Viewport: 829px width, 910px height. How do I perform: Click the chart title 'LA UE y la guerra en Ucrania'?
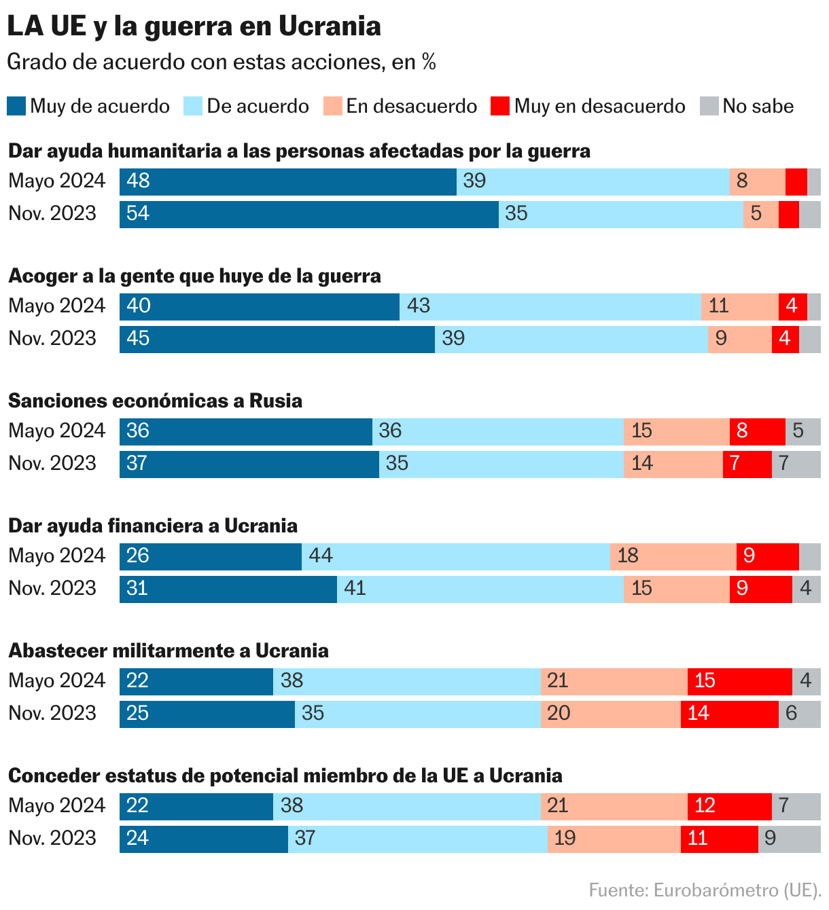(194, 26)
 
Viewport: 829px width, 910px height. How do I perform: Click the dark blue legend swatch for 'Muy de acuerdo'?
(16, 106)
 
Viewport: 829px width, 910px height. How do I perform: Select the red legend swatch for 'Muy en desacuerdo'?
(500, 106)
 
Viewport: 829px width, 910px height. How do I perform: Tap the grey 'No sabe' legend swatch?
(709, 106)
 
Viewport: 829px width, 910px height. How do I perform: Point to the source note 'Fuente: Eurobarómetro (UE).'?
(705, 890)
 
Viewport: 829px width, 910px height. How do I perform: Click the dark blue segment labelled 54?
(309, 215)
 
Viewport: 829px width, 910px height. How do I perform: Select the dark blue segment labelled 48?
(288, 182)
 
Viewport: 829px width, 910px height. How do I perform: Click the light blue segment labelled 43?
(550, 307)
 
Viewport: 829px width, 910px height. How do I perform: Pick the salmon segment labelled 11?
(740, 307)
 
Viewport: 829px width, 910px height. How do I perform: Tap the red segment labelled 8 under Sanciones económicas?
(758, 432)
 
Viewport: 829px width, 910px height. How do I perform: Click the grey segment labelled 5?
(803, 432)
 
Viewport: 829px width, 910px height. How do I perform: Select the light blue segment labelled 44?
(456, 557)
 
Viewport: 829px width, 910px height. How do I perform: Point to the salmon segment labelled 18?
(674, 557)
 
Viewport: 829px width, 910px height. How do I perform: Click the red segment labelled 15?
(740, 682)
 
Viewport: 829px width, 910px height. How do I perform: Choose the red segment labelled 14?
(730, 714)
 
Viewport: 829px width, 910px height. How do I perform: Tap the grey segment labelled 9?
(790, 839)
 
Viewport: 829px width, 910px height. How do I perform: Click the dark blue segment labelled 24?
(204, 839)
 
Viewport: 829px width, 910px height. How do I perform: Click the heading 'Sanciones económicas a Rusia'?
(155, 401)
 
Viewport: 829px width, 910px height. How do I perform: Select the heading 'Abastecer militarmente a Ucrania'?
(169, 651)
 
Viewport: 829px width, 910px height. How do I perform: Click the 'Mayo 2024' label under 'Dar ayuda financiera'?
(57, 556)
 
